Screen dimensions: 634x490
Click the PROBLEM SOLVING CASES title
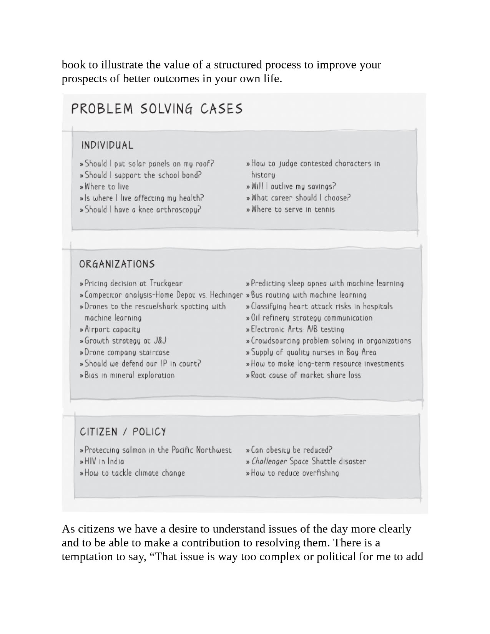click(x=157, y=109)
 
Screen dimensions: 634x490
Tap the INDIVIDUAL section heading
click(x=107, y=145)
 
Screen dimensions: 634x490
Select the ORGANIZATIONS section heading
click(x=117, y=264)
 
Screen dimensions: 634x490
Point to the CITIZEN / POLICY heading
click(x=123, y=432)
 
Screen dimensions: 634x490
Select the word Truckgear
click(x=166, y=284)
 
